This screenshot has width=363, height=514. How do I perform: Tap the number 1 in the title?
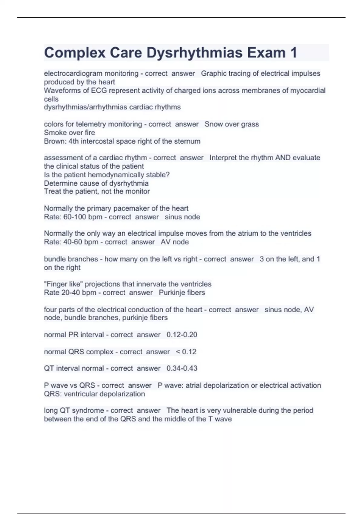293,53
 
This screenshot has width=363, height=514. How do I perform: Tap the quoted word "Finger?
55,284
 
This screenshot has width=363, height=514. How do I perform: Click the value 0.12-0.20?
182,335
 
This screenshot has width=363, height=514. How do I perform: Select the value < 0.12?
186,352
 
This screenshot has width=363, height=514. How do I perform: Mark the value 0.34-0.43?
182,368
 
